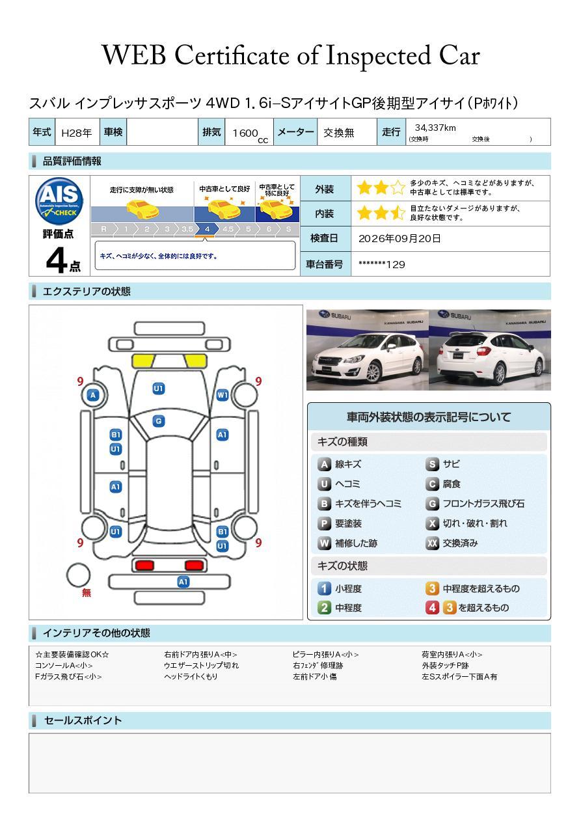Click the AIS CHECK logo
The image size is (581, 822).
[x=59, y=201]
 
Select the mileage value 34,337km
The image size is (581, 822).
[x=435, y=128]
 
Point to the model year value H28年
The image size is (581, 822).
[x=77, y=133]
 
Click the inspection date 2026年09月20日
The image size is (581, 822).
[x=399, y=238]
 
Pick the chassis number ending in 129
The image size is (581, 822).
[x=382, y=265]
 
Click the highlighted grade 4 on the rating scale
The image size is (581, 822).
[x=207, y=229]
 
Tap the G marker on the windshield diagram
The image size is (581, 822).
[x=159, y=421]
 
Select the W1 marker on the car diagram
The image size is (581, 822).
[x=223, y=395]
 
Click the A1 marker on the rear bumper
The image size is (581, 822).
[x=183, y=582]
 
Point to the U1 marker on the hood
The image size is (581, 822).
[x=159, y=389]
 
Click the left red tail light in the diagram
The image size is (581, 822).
[x=144, y=565]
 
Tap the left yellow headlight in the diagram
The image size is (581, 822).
[x=143, y=361]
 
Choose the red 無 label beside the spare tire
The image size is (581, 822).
[x=87, y=592]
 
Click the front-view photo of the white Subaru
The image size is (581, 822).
[x=368, y=349]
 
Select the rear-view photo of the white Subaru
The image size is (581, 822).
[x=490, y=349]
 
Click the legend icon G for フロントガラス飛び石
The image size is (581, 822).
[x=433, y=504]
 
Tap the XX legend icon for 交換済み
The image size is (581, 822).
[x=433, y=543]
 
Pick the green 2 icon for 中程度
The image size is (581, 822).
[x=324, y=608]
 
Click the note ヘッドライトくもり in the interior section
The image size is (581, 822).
[x=191, y=676]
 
